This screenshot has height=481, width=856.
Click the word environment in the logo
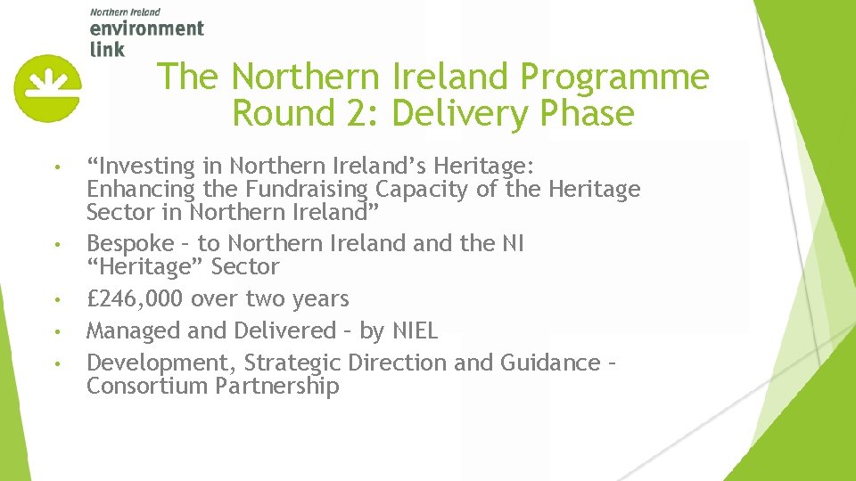pyautogui.click(x=147, y=29)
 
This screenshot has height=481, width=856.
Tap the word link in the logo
pyautogui.click(x=107, y=48)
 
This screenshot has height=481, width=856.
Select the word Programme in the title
pyautogui.click(x=614, y=77)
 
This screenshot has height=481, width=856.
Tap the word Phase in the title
pyautogui.click(x=588, y=115)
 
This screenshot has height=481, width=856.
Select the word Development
pyautogui.click(x=161, y=363)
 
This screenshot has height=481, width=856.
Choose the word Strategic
pyautogui.click(x=292, y=363)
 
